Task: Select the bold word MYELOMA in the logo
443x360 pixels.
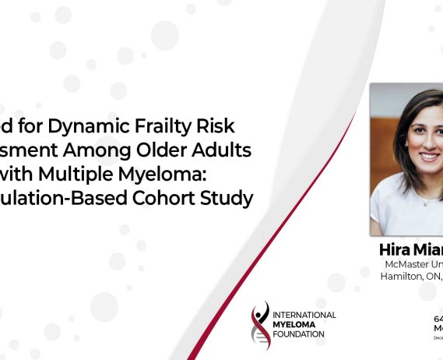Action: point(297,324)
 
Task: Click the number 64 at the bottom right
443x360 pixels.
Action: point(438,319)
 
